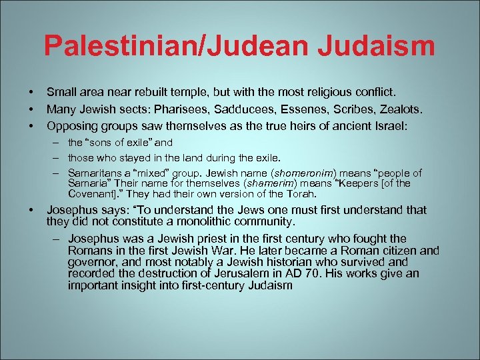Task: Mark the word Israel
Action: click(x=391, y=125)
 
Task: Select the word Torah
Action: click(x=299, y=194)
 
